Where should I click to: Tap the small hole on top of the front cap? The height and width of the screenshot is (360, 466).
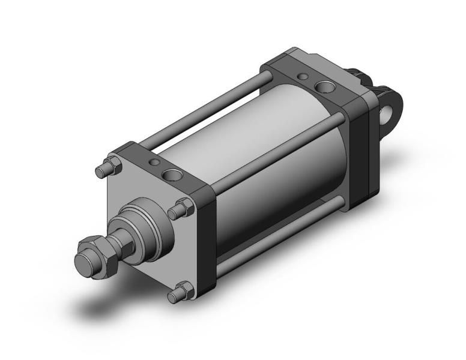[154, 163]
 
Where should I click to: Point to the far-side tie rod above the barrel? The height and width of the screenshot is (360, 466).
[204, 108]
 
